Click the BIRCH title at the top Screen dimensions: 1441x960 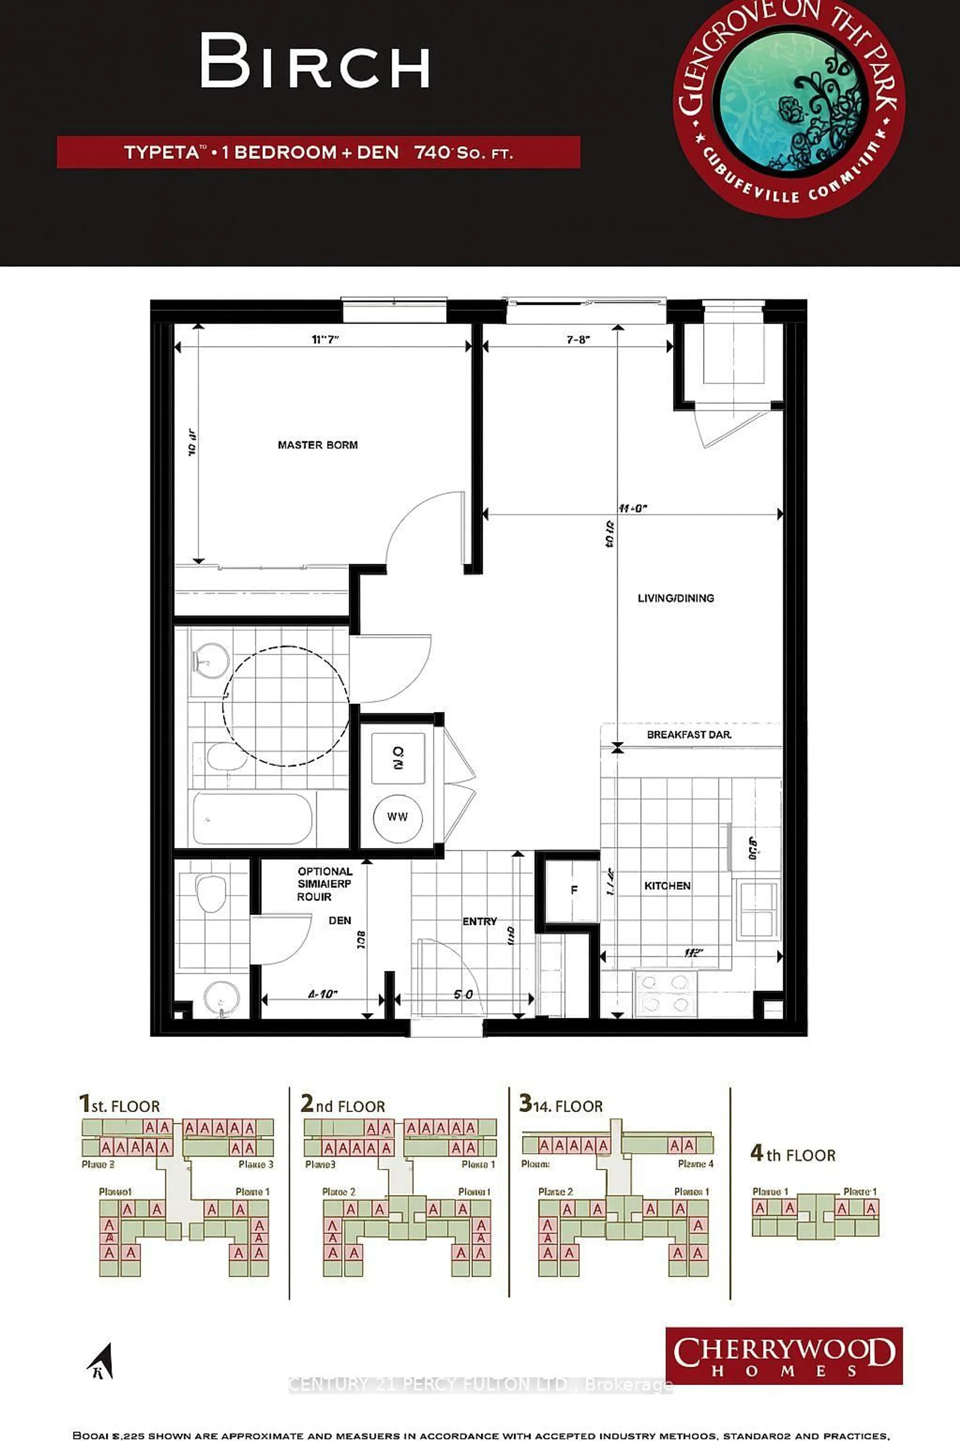(x=315, y=61)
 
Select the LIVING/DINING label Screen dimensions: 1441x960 (x=675, y=598)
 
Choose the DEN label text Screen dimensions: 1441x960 (x=340, y=920)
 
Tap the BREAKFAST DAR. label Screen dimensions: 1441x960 (x=689, y=735)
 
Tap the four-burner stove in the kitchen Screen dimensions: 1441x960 (x=665, y=994)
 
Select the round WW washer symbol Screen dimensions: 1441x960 (x=397, y=817)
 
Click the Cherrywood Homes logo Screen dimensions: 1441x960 (x=784, y=1356)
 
